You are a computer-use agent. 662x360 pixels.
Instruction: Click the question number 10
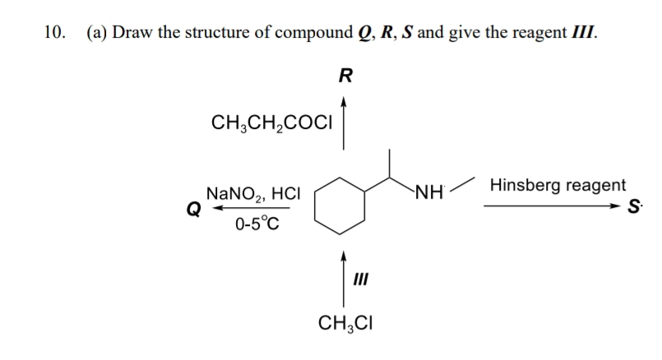53,33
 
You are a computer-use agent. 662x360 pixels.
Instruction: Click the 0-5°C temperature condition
257,224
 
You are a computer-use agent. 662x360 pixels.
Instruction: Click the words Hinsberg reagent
556,185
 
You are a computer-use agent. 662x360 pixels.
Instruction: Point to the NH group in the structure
430,195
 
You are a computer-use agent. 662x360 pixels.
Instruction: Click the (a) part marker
97,33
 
